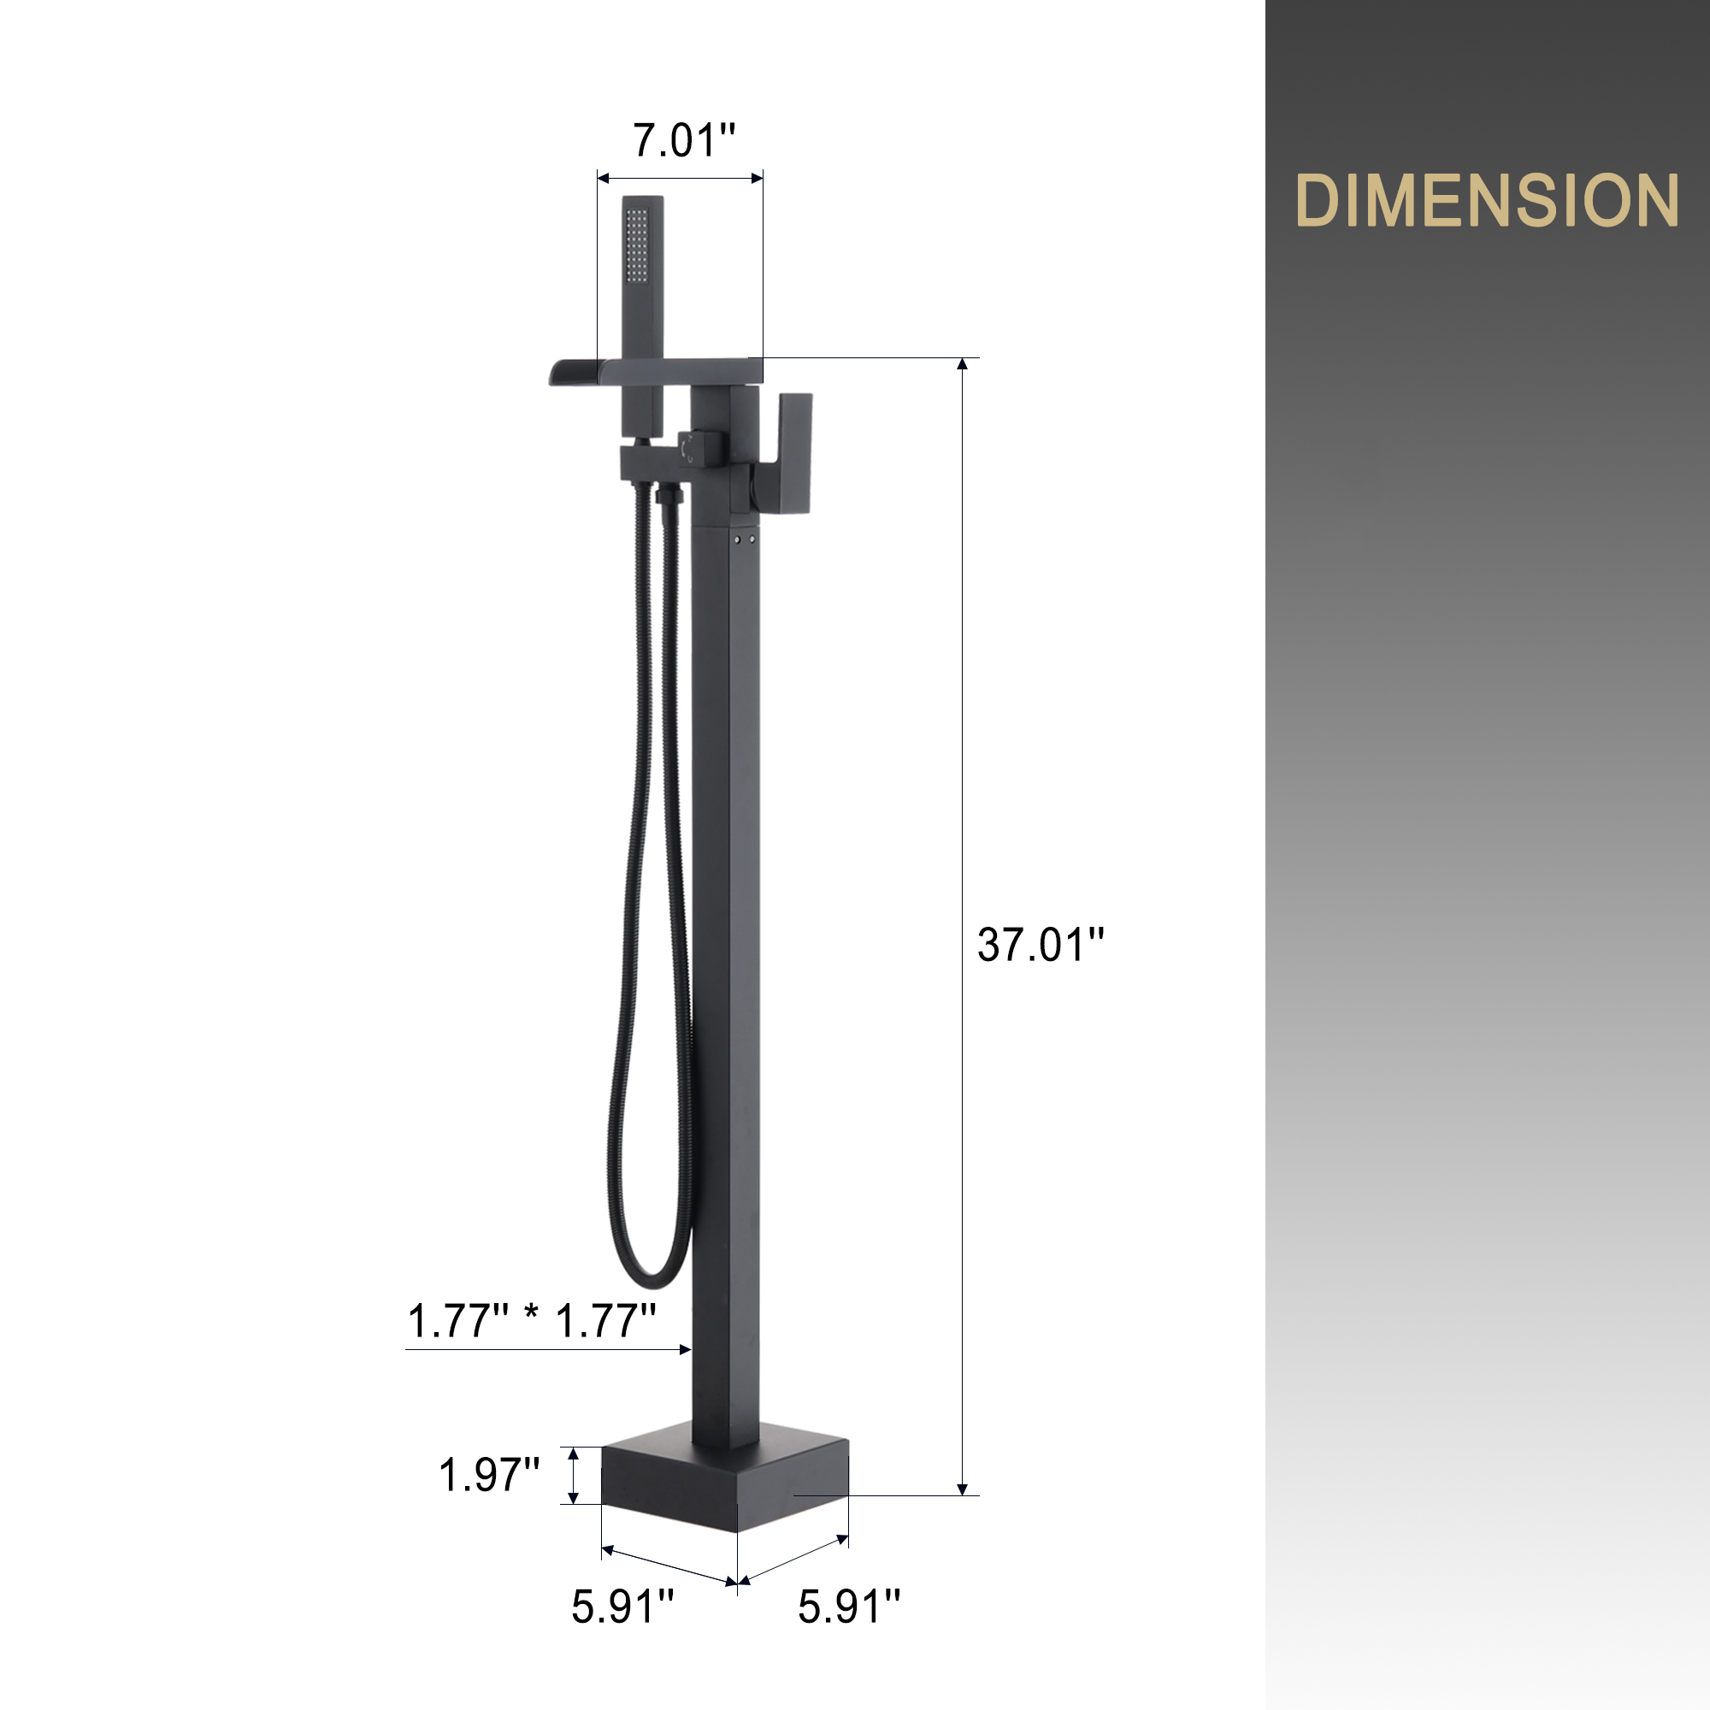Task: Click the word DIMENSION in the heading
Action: [1486, 200]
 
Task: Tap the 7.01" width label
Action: [683, 141]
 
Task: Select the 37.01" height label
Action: [1041, 946]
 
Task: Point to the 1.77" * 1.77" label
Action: [532, 1322]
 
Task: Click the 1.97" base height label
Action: [489, 1476]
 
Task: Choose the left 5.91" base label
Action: [622, 1607]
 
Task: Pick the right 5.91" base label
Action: [849, 1607]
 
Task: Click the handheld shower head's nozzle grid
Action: [636, 241]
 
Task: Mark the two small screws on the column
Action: [745, 538]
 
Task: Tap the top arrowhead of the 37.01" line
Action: [963, 363]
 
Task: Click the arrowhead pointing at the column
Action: [685, 1349]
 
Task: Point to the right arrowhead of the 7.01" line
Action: [758, 178]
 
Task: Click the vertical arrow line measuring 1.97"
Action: [574, 1476]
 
